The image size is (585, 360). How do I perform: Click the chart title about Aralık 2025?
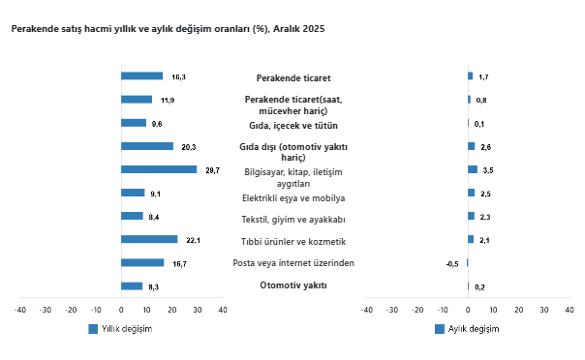tap(168, 29)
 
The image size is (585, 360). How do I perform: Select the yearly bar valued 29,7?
tap(159, 169)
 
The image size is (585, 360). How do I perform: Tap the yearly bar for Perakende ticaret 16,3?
tap(141, 75)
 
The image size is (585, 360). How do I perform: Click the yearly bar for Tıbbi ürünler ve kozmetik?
tap(149, 239)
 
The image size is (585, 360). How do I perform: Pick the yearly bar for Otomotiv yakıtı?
tap(132, 286)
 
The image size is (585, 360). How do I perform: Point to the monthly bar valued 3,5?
tap(473, 169)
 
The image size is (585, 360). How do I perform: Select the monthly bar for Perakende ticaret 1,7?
tap(470, 75)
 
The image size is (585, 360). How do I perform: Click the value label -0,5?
tap(451, 263)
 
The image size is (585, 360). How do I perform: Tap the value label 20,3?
tap(189, 146)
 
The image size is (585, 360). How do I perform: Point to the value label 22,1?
tap(193, 240)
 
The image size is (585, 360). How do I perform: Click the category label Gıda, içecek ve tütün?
tap(292, 125)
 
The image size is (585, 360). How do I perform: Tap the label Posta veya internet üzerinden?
tap(293, 263)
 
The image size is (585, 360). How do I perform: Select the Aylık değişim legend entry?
tap(467, 329)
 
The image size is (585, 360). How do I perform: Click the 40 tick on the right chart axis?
tap(569, 310)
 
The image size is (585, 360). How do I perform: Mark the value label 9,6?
tap(157, 123)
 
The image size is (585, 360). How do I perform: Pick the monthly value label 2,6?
tap(486, 146)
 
